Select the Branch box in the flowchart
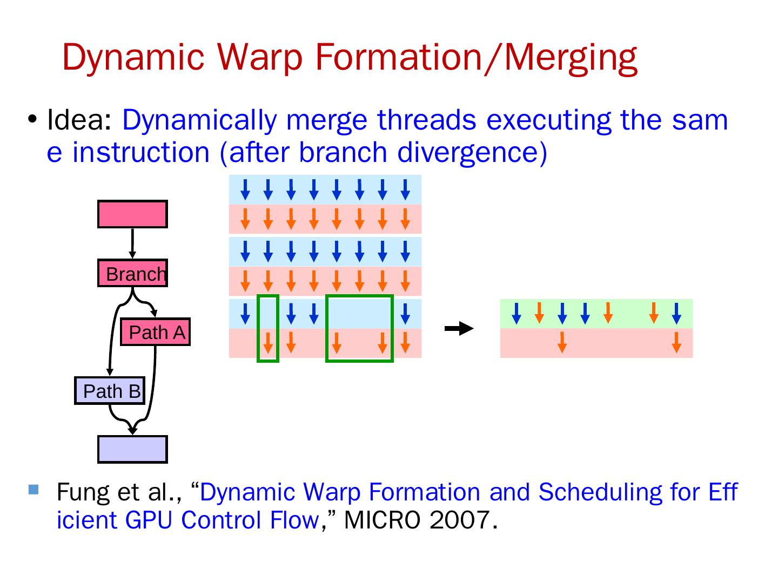[x=132, y=273]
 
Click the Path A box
[x=156, y=332]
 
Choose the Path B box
[x=110, y=390]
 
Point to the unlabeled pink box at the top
[x=132, y=214]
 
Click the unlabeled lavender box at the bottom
[x=132, y=449]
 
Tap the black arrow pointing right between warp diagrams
[x=459, y=328]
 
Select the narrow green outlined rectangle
[x=268, y=328]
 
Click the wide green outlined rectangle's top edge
[x=359, y=296]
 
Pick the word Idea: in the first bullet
[x=79, y=120]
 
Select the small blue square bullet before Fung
[x=33, y=490]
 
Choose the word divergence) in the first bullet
[x=472, y=152]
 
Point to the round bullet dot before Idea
[x=33, y=119]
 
